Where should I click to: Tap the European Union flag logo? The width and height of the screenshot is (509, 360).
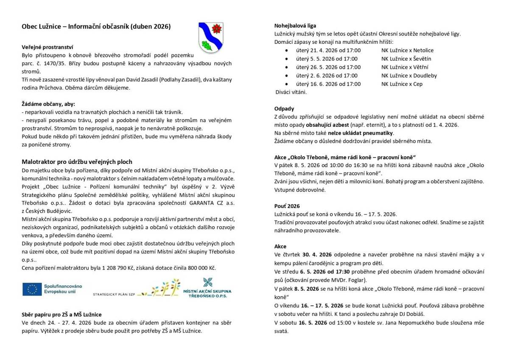click(x=32, y=289)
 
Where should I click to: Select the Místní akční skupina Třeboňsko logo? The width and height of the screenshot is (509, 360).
click(x=207, y=288)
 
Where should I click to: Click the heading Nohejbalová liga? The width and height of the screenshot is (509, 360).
click(x=295, y=25)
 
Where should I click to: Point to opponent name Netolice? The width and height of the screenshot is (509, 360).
click(x=423, y=50)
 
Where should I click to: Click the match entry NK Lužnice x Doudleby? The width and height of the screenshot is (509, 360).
click(x=408, y=76)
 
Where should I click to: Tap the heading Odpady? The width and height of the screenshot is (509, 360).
click(x=284, y=109)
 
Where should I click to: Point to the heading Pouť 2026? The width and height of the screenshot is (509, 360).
click(x=287, y=206)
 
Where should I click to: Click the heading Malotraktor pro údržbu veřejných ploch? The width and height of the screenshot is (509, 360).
click(x=77, y=162)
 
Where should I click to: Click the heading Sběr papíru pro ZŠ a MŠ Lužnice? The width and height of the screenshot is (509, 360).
click(x=62, y=315)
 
